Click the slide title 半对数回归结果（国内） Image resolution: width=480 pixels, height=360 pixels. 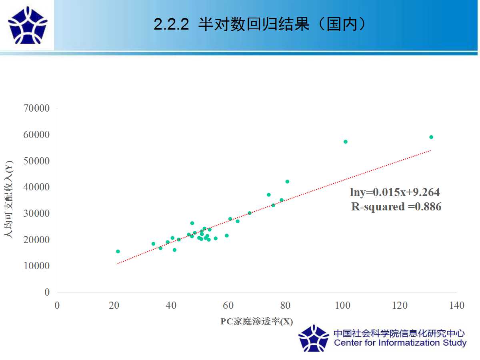[x=282, y=24]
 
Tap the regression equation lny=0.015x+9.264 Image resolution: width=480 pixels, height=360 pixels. [x=395, y=192]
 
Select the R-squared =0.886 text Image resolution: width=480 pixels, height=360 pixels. [x=396, y=206]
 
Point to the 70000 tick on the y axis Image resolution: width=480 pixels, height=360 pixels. [x=36, y=108]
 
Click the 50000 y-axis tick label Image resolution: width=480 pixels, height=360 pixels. [x=36, y=161]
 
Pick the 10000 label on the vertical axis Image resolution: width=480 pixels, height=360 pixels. [x=36, y=266]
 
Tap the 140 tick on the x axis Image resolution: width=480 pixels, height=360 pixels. [x=457, y=305]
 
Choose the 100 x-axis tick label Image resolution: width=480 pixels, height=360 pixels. [x=343, y=305]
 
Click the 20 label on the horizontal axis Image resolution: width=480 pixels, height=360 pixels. [x=114, y=305]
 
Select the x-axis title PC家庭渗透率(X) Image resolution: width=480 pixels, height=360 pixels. [x=256, y=322]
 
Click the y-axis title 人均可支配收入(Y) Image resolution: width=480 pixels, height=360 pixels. [x=9, y=199]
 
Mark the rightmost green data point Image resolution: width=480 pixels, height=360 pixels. [x=431, y=137]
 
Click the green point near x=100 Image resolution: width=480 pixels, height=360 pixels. [x=346, y=142]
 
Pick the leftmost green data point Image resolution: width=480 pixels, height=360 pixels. [x=118, y=251]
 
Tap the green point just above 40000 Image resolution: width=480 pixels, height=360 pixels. [x=287, y=182]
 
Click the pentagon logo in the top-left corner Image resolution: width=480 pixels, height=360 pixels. [x=28, y=25]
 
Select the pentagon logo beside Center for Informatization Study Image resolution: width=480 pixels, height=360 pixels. [x=314, y=338]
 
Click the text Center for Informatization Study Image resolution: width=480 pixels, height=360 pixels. [x=400, y=343]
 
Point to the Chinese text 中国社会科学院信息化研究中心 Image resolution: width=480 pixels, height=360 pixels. [x=399, y=333]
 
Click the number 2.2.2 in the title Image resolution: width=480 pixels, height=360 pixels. [x=171, y=24]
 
